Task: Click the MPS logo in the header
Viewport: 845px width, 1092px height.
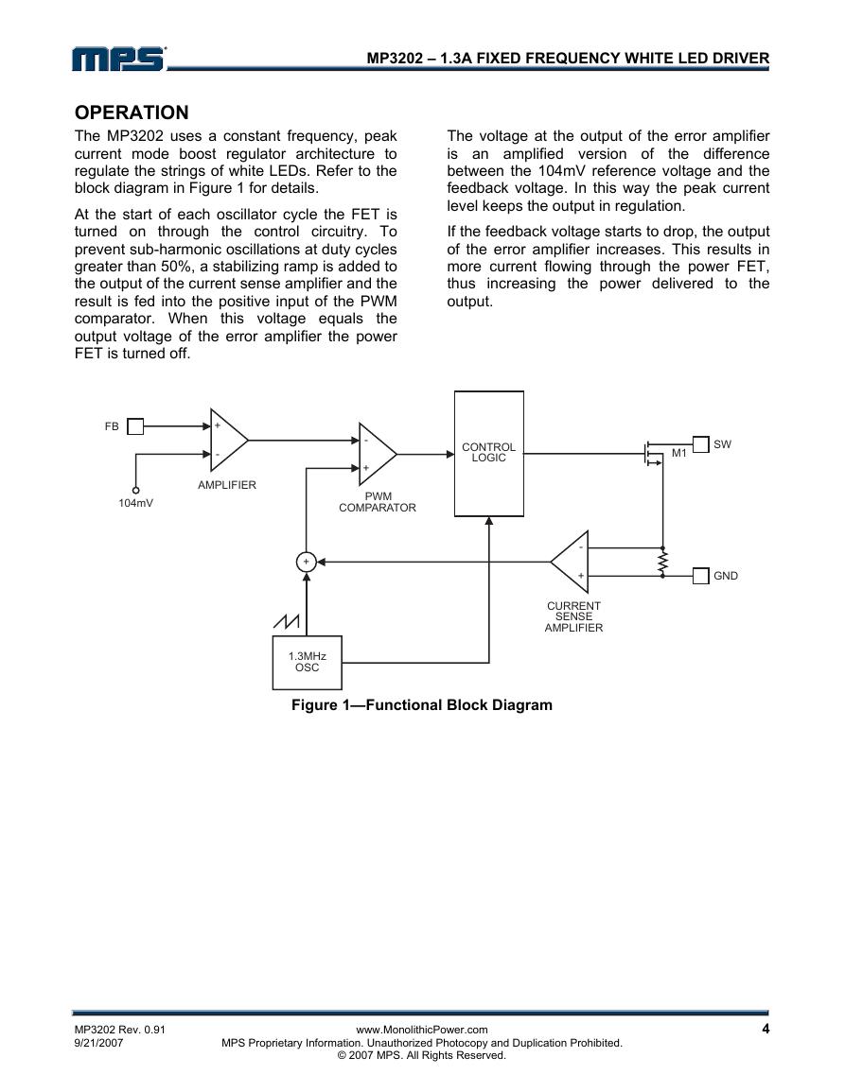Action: coord(118,59)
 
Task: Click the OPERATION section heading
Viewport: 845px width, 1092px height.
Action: coord(132,113)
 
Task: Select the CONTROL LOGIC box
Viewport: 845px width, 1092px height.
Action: coord(488,454)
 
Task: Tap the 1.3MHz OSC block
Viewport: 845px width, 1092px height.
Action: coord(307,663)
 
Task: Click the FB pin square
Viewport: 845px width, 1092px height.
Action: coord(135,426)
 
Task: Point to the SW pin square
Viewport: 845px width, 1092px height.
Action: coord(700,443)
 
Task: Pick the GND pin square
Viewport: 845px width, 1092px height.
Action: coord(700,575)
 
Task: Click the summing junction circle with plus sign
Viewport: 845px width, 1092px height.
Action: coord(306,562)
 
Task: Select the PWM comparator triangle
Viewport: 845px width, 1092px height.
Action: coord(378,454)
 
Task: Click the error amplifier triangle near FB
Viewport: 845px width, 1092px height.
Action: coord(229,441)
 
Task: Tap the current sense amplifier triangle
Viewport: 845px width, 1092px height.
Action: coord(571,562)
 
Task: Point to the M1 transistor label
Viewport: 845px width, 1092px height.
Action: coord(679,454)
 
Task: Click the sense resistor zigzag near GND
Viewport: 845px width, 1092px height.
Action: coord(662,562)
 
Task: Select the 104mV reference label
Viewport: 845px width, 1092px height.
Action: coord(136,503)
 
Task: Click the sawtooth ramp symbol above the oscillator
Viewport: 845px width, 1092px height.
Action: coord(287,620)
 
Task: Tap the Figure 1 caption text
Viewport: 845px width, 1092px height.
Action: coord(422,704)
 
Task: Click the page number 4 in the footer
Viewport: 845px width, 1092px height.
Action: coord(766,1029)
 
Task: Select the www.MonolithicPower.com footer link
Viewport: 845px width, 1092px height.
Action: coord(422,1030)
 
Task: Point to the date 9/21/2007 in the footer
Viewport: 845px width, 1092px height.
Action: coord(98,1043)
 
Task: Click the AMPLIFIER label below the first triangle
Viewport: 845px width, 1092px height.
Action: coord(226,485)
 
